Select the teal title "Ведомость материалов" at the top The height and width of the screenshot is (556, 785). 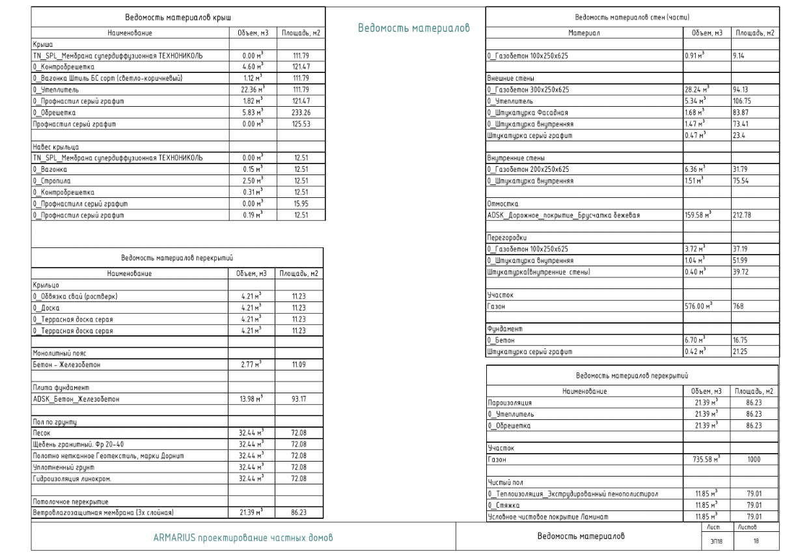[x=414, y=28]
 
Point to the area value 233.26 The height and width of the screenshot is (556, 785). [x=299, y=113]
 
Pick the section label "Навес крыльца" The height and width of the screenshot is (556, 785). [x=57, y=146]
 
